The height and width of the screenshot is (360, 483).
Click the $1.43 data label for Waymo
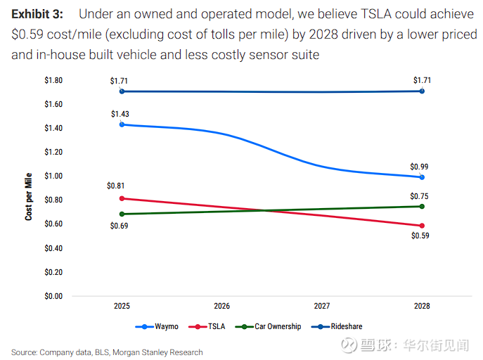(x=120, y=114)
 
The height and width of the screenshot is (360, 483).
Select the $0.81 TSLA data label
(x=117, y=186)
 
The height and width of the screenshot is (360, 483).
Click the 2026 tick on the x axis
(x=221, y=307)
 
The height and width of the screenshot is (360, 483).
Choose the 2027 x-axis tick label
(x=321, y=307)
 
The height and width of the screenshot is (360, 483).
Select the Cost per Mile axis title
(x=29, y=195)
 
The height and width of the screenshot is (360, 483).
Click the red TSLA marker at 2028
(x=422, y=226)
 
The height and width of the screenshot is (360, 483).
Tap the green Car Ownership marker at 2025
(x=122, y=214)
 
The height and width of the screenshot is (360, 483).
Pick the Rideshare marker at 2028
(x=422, y=91)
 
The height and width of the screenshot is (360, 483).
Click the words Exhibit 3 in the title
(x=37, y=14)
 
